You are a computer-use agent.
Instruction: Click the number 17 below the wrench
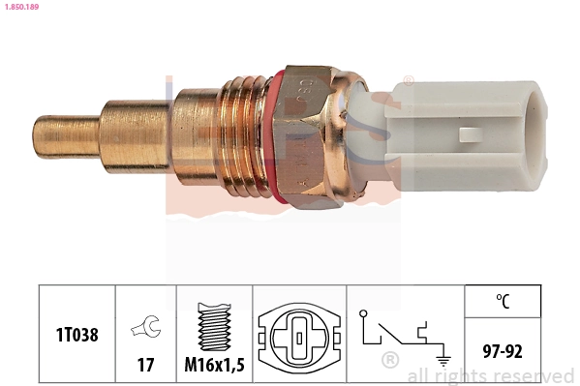(145, 365)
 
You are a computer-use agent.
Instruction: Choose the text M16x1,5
(214, 365)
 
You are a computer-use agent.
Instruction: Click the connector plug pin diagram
(301, 340)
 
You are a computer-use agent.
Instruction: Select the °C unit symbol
(503, 302)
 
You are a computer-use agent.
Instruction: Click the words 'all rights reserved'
(491, 375)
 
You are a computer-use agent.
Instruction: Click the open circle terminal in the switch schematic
(362, 313)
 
